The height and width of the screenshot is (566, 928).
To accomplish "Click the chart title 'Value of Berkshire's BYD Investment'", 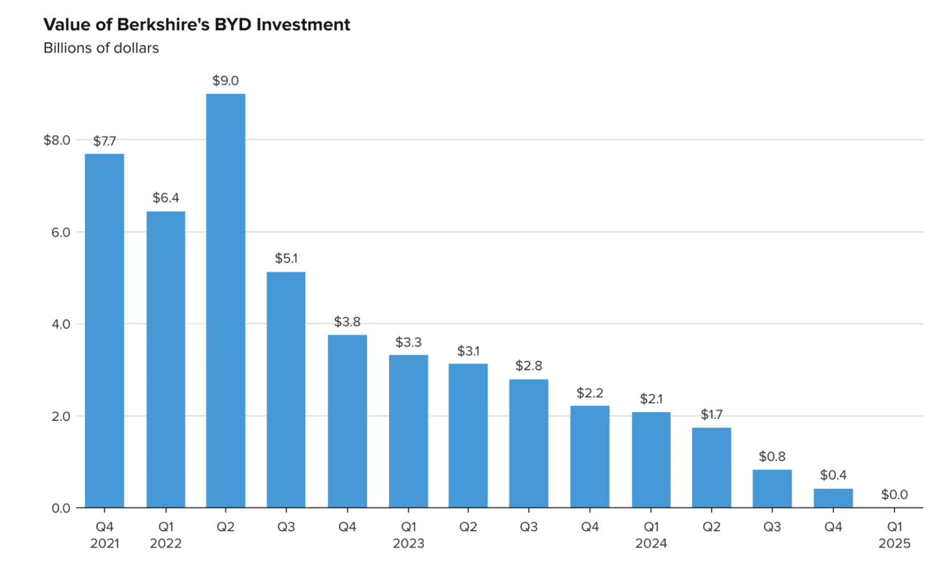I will coord(197,24).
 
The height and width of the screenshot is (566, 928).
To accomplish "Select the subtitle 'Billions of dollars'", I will coord(101,48).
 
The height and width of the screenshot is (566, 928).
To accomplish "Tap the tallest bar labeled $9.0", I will coord(225,301).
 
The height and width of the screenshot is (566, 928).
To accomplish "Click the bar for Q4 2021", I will coord(104,330).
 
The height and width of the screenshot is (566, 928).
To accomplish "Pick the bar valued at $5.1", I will coord(286,389).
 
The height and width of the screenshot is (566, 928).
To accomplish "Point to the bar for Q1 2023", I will coord(408,431).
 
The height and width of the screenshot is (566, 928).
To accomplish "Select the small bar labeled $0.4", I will coord(833,498).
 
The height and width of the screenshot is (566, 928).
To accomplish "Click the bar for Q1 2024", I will coord(651,460).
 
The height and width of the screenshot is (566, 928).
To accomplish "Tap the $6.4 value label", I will coord(165,198).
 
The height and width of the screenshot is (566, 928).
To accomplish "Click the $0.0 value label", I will coord(894,494).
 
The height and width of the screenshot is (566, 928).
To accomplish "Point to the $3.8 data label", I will coord(347,322).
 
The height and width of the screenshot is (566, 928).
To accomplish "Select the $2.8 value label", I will coord(528,366).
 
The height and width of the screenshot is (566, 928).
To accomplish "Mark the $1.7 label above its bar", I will coord(711,415).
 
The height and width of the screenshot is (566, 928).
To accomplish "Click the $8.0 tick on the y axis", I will coord(56,140).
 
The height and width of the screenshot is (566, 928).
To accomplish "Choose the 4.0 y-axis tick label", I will coord(60,324).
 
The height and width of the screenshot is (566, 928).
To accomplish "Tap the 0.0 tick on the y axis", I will coord(60,508).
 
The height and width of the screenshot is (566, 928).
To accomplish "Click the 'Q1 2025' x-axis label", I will coord(894,535).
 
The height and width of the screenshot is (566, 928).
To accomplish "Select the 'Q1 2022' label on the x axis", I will coord(165,535).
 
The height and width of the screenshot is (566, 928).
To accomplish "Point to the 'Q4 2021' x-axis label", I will coord(104,535).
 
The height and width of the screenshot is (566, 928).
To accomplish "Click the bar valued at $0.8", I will coord(772,489).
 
